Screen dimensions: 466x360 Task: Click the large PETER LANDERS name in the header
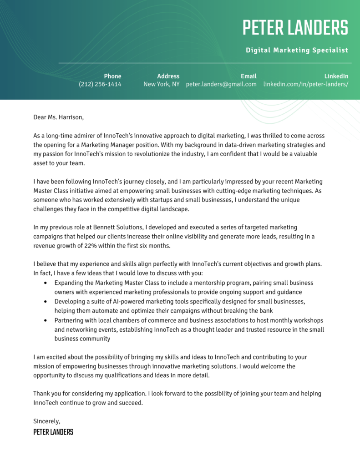295,28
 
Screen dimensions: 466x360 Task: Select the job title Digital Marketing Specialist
297,50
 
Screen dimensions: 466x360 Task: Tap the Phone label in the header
112,76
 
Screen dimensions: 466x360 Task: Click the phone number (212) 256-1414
100,84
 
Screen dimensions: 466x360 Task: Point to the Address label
168,76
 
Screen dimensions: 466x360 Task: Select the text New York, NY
161,84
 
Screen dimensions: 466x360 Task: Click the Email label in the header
248,76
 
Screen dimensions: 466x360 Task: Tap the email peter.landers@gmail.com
221,84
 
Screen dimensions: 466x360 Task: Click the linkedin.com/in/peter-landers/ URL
305,84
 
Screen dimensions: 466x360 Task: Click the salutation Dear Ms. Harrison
59,117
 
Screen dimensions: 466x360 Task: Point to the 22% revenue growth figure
86,245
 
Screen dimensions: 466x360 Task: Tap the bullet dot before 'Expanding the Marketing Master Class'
45,283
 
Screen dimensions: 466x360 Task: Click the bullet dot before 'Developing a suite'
45,302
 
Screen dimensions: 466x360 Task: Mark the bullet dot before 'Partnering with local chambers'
45,320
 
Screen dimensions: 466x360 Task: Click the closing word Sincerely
46,421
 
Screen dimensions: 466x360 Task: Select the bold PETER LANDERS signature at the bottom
53,432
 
